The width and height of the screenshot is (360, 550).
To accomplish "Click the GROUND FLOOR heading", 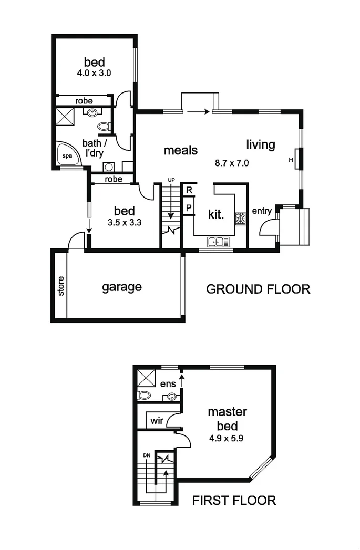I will (258, 289).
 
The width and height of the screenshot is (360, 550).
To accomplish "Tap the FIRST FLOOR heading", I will (234, 500).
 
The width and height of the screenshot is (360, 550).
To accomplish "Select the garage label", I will (122, 287).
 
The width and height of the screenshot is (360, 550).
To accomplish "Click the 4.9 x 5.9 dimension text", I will (227, 435).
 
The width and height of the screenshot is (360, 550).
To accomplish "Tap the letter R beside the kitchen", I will (188, 190).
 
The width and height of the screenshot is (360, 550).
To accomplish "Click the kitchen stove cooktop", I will (241, 219).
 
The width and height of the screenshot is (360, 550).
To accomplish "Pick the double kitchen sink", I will (218, 242).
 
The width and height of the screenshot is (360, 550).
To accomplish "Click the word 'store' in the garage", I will (60, 286).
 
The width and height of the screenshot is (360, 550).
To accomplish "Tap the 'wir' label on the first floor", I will (157, 420).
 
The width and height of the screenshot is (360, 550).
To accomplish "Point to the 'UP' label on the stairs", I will (171, 180).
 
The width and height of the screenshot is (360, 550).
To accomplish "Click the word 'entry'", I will (262, 211).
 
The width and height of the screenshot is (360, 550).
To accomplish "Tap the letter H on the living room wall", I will (291, 160).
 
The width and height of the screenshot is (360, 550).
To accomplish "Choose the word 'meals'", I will (180, 150).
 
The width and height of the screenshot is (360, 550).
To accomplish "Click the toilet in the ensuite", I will (143, 395).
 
